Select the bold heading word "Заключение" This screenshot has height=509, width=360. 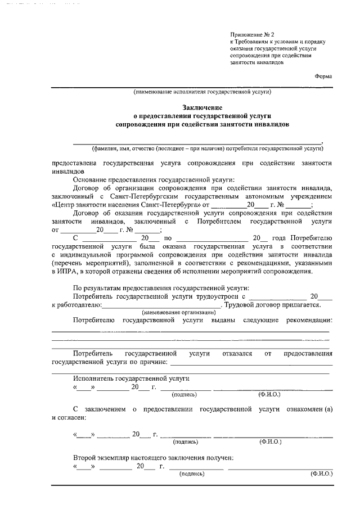202,107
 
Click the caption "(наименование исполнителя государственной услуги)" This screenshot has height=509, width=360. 202,92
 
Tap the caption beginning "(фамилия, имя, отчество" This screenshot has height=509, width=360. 208,148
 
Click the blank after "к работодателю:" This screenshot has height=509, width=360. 162,305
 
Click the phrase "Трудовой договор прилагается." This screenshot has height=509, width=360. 273,305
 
